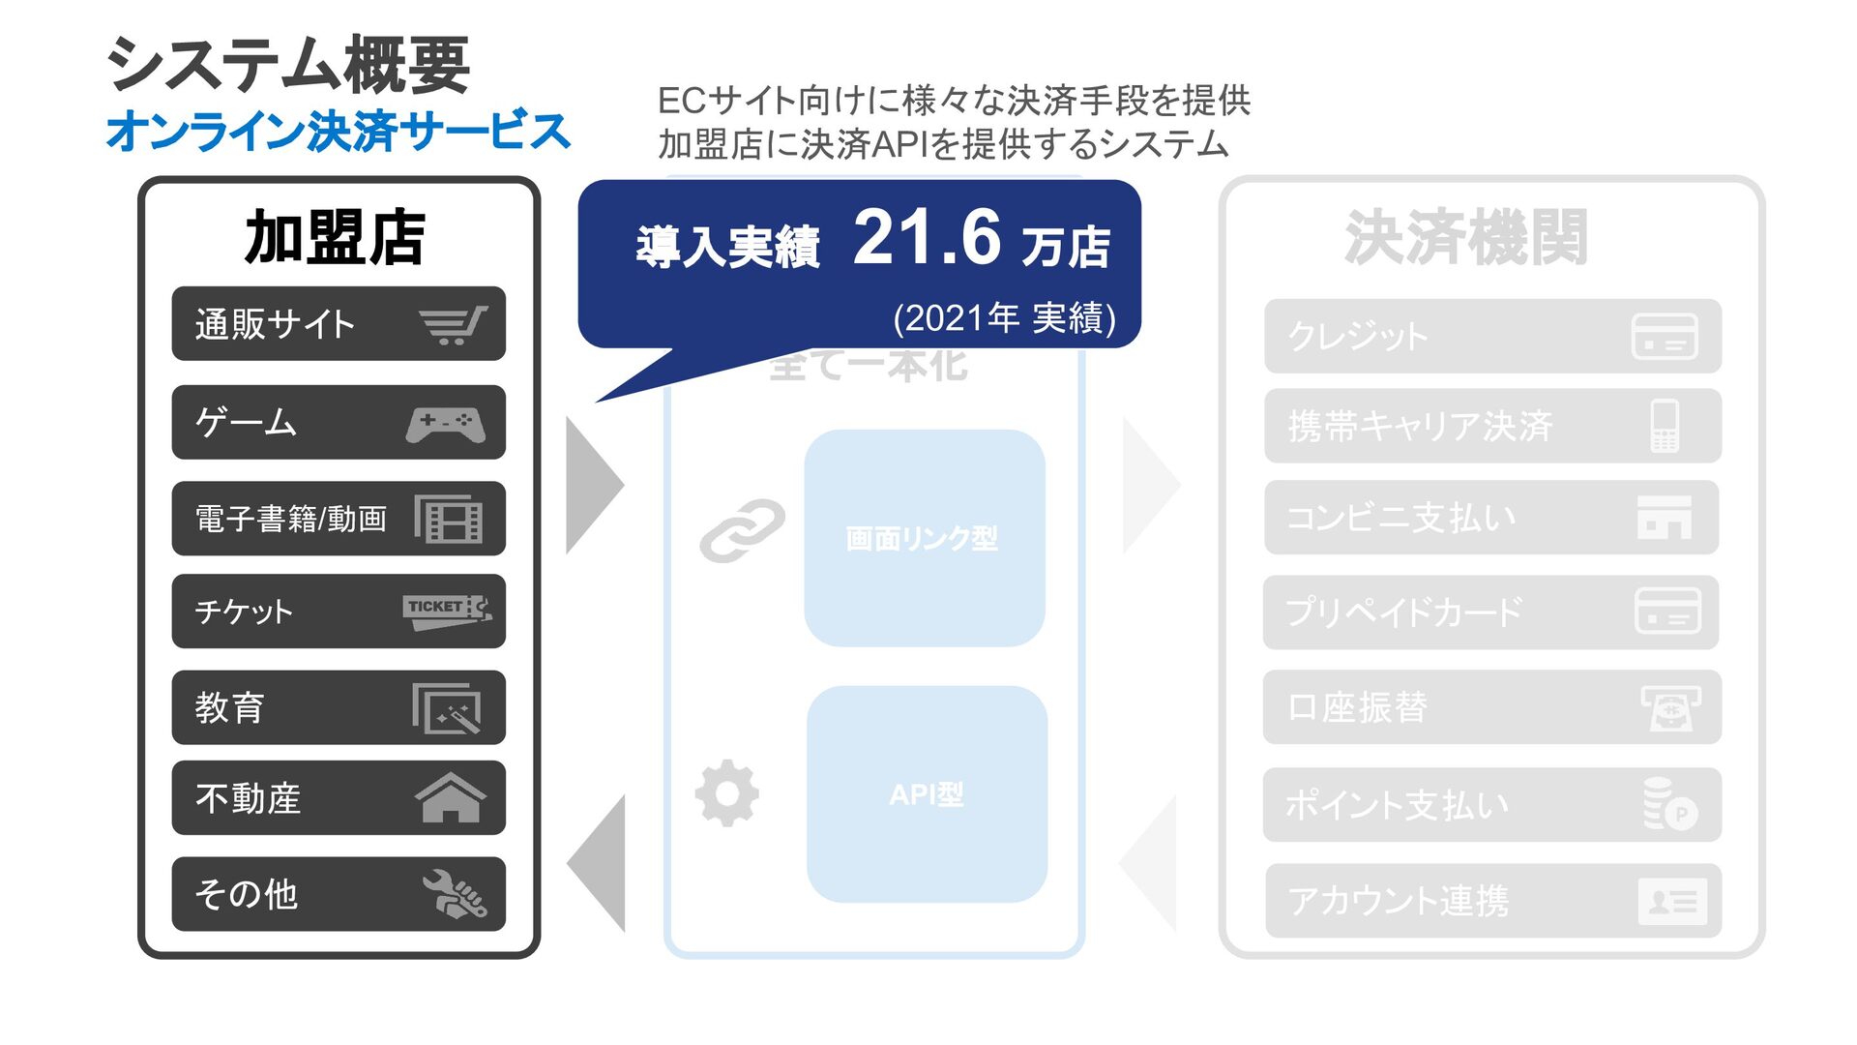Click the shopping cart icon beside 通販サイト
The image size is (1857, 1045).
[453, 325]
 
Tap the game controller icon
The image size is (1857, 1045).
[446, 424]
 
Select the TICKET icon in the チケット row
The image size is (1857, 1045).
[447, 612]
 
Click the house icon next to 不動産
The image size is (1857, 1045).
[450, 799]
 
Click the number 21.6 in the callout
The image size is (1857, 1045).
[926, 239]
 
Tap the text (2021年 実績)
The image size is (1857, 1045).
[1004, 318]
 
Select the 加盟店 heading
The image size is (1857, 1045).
[335, 238]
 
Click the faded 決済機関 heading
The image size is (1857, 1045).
[1465, 238]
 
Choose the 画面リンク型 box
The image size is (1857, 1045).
[924, 538]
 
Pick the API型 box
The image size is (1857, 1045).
[926, 794]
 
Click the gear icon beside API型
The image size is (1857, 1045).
[727, 793]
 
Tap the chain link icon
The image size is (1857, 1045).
[742, 530]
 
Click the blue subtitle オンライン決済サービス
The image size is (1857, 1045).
[339, 132]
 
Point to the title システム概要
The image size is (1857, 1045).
[288, 65]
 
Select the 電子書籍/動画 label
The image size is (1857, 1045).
[291, 520]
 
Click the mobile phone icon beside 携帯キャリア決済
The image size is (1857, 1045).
[1664, 426]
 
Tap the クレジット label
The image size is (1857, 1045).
[1358, 337]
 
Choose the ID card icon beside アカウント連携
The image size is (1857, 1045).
[1671, 902]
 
